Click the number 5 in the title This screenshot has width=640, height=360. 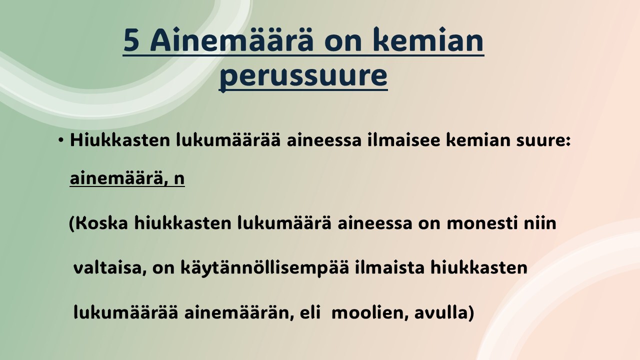[131, 40]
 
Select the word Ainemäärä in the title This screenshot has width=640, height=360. [232, 39]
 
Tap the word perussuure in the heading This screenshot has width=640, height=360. [303, 76]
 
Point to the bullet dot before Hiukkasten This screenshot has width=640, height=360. [60, 140]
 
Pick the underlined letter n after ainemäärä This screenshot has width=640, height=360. [179, 179]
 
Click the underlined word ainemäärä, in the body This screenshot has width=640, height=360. [119, 178]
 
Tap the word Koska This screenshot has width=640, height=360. [102, 222]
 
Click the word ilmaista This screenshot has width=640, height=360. [389, 267]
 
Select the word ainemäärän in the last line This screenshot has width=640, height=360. [239, 313]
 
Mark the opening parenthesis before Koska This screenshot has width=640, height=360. [71, 224]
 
